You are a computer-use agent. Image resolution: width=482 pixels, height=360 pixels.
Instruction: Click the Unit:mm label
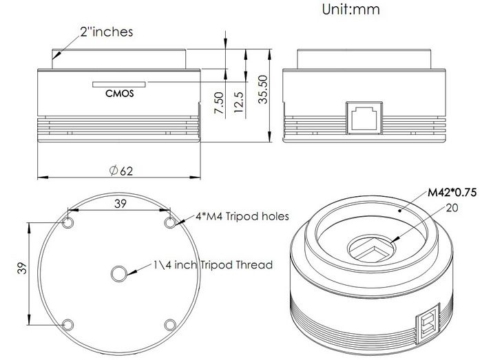[x=350, y=9]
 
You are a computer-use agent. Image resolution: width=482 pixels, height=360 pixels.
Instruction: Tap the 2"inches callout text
[x=106, y=32]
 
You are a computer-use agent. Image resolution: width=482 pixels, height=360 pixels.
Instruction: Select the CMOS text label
[x=120, y=93]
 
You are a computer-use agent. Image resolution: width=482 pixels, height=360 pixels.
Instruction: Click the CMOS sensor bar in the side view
[x=119, y=84]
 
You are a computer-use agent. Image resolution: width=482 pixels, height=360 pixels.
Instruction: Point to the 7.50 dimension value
[x=219, y=103]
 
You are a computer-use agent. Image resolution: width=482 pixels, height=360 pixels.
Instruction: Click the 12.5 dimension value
[x=238, y=103]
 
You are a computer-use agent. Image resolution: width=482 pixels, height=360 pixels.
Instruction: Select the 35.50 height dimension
[x=263, y=89]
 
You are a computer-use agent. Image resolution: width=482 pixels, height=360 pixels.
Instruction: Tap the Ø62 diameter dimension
[x=121, y=171]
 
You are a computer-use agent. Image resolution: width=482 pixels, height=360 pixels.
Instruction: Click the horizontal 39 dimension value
[x=120, y=203]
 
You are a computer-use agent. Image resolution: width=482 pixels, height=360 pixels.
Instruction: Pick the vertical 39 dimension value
[x=22, y=268]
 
